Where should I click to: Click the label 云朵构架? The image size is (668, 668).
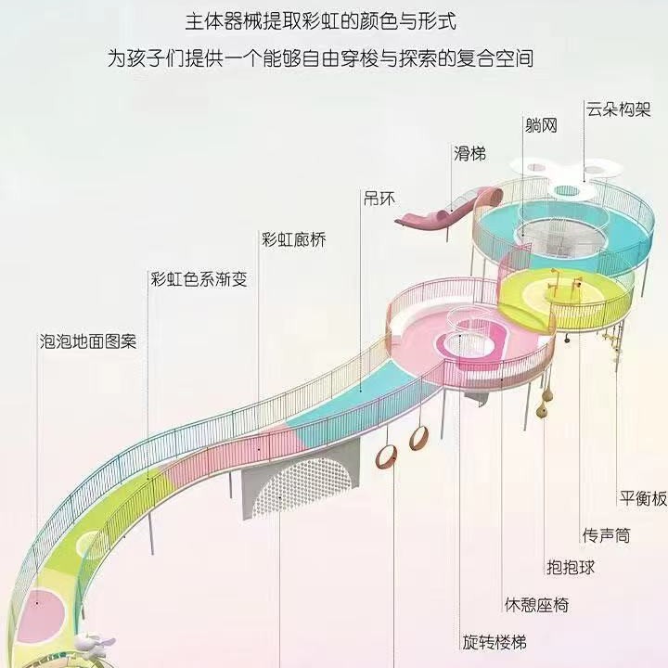[616, 108]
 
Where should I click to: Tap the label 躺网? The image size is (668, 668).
[539, 125]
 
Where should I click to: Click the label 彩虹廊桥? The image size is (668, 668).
[294, 240]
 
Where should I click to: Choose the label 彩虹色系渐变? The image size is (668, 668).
[199, 278]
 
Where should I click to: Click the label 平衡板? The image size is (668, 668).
[643, 498]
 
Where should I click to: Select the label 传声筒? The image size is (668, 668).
[606, 535]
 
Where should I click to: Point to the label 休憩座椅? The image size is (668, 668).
[535, 605]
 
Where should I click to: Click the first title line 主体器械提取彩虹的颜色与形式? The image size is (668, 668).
[334, 19]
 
